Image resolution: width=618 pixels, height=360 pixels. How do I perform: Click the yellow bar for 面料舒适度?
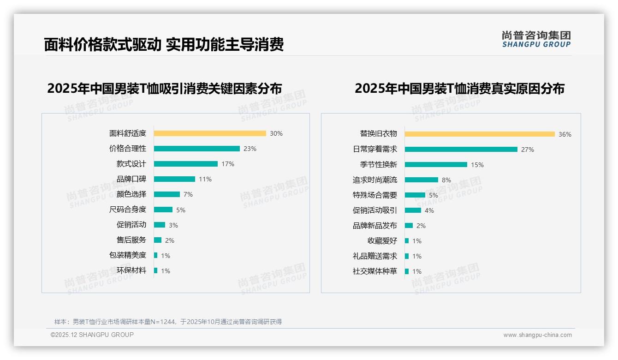pos(210,133)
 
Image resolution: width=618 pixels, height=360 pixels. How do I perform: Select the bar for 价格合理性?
pos(197,149)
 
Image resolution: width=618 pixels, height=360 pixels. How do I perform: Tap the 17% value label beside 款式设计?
pos(228,164)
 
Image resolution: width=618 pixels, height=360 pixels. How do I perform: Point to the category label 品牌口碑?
pos(131,179)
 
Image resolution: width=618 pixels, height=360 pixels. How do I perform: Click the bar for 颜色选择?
pos(167,194)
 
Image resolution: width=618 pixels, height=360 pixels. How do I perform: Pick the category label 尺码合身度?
pos(127,210)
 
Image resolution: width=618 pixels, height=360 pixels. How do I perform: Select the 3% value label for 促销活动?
pos(173,225)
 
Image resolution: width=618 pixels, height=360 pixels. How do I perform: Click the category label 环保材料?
pos(131,270)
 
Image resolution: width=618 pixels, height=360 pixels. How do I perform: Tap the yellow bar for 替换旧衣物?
pos(480,134)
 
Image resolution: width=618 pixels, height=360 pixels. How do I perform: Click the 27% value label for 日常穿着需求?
pos(528,150)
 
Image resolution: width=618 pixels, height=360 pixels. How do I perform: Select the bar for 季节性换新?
pos(436,165)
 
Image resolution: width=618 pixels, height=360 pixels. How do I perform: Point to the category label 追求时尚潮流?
pos(374,180)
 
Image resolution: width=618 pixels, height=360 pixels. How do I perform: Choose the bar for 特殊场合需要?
pos(415,195)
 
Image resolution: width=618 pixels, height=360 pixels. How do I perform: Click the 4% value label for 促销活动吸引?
pos(429,210)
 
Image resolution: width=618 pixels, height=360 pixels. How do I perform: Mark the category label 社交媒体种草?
pos(374,271)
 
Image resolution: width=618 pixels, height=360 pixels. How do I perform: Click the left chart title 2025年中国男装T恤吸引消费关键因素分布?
pos(164,88)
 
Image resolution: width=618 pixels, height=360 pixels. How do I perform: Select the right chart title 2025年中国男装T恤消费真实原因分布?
pos(459,88)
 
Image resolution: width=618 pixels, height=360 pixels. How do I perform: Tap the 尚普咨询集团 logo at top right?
pos(536,39)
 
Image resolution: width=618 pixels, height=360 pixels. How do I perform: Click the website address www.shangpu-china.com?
pos(537,335)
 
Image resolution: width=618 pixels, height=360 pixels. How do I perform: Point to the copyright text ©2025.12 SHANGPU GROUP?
pos(92,335)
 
